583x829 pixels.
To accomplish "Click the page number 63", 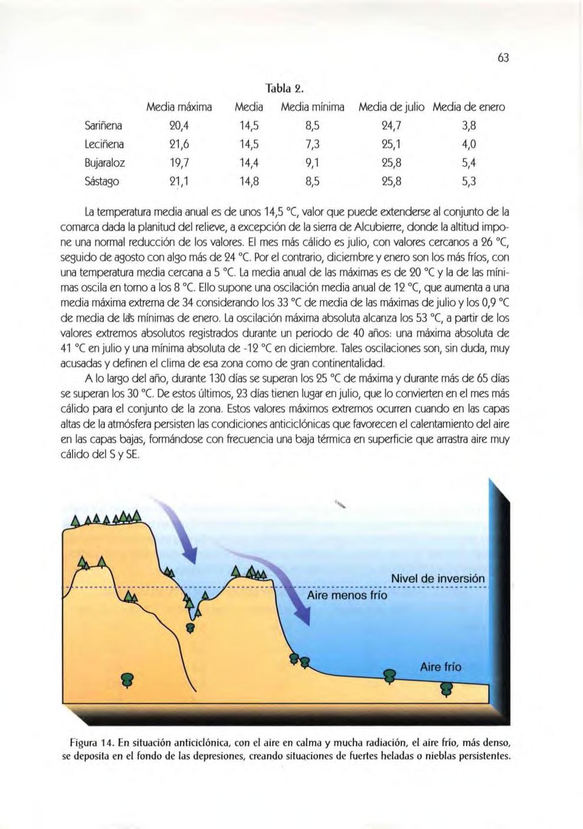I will click(503, 58).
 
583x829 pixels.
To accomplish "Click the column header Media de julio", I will click(392, 107).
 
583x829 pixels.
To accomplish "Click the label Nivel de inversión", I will click(437, 578).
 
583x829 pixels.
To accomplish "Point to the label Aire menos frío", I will click(347, 596).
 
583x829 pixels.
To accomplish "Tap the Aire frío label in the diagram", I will click(441, 667).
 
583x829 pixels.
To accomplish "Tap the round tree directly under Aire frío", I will click(447, 689).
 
